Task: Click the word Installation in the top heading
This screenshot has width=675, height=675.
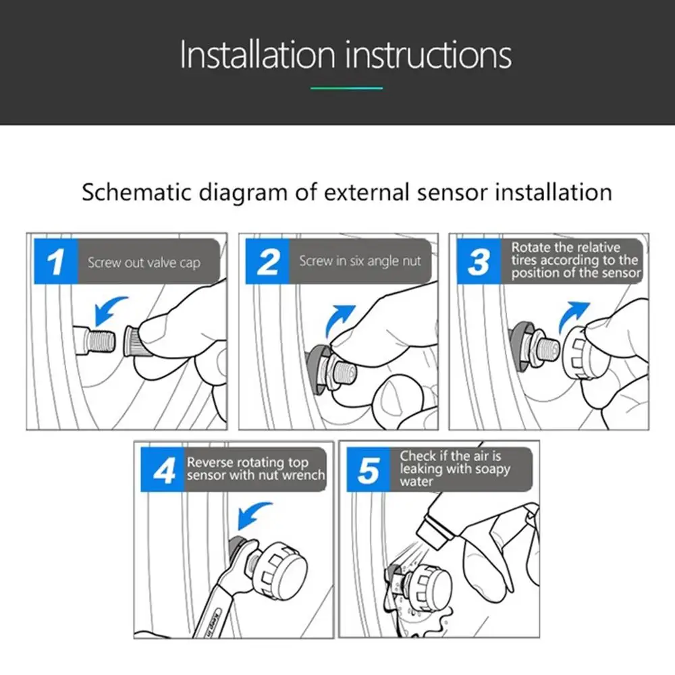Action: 257,55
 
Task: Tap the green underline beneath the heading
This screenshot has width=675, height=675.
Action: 346,88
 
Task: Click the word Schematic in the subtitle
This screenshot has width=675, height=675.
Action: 136,192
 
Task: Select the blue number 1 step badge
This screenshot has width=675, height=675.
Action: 56,261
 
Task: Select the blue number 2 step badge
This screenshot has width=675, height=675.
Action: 267,261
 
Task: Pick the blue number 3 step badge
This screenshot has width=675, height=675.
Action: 479,261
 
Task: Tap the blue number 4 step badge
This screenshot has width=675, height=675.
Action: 163,470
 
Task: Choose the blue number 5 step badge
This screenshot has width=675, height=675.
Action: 369,470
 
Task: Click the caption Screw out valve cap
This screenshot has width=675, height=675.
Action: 144,263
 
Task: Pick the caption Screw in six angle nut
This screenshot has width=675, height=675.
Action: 360,261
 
